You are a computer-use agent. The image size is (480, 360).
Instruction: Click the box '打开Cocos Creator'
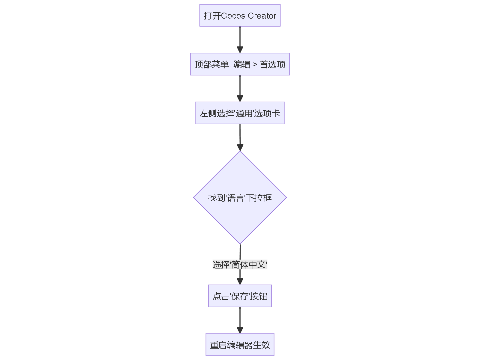pos(240,15)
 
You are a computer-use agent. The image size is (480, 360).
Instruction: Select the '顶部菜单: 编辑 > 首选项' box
pos(240,64)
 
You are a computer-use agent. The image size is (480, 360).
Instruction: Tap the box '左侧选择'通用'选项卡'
pos(240,113)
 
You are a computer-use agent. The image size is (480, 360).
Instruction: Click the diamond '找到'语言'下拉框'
pos(240,197)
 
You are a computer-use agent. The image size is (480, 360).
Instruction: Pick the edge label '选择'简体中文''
pos(240,265)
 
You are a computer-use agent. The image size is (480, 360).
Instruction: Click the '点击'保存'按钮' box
pos(240,296)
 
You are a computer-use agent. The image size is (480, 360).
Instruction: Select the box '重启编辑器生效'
pos(240,345)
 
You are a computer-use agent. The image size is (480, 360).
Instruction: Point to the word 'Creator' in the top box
pos(262,16)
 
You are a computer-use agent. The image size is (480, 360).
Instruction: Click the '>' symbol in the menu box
pos(255,64)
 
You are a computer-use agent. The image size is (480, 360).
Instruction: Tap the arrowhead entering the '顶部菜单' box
pos(240,49)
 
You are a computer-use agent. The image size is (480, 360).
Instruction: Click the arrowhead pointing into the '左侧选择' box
pos(240,98)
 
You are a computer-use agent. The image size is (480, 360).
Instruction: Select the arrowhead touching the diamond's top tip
pos(240,147)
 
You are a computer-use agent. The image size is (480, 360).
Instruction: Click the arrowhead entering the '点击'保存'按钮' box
pos(240,281)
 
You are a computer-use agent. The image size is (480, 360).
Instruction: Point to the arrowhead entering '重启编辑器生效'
pos(240,330)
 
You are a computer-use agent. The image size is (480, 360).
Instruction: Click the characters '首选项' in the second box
pos(272,64)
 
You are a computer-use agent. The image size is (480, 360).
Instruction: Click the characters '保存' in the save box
pos(240,296)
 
